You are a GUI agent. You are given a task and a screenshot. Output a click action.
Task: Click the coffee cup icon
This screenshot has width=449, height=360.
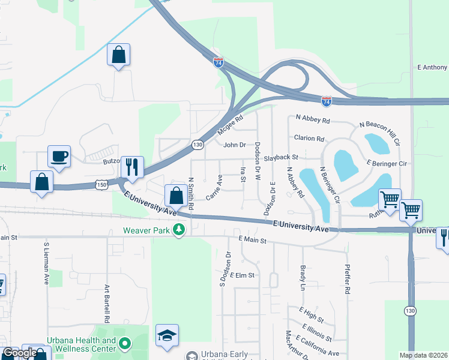pyautogui.click(x=59, y=157)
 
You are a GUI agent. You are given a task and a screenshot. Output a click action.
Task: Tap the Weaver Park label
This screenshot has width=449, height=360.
pyautogui.click(x=147, y=230)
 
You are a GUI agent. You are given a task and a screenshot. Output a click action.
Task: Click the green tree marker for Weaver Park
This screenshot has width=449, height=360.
pyautogui.click(x=178, y=230)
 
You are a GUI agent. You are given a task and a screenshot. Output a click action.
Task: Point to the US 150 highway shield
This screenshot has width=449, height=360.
pyautogui.click(x=101, y=185)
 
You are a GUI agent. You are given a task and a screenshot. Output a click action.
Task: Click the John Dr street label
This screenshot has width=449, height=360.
pyautogui.click(x=235, y=145)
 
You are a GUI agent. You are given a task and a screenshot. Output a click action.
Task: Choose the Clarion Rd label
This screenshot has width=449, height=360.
pyautogui.click(x=309, y=138)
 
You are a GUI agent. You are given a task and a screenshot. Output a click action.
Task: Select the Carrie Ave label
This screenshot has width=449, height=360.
pyautogui.click(x=214, y=187)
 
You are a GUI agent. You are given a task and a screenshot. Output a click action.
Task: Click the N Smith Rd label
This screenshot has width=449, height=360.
pyautogui.click(x=191, y=193)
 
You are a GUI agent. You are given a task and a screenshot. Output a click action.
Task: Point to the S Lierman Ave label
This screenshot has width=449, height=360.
pyautogui.click(x=46, y=263)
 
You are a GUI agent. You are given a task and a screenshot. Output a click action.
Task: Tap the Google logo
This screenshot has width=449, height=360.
pyautogui.click(x=20, y=353)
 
